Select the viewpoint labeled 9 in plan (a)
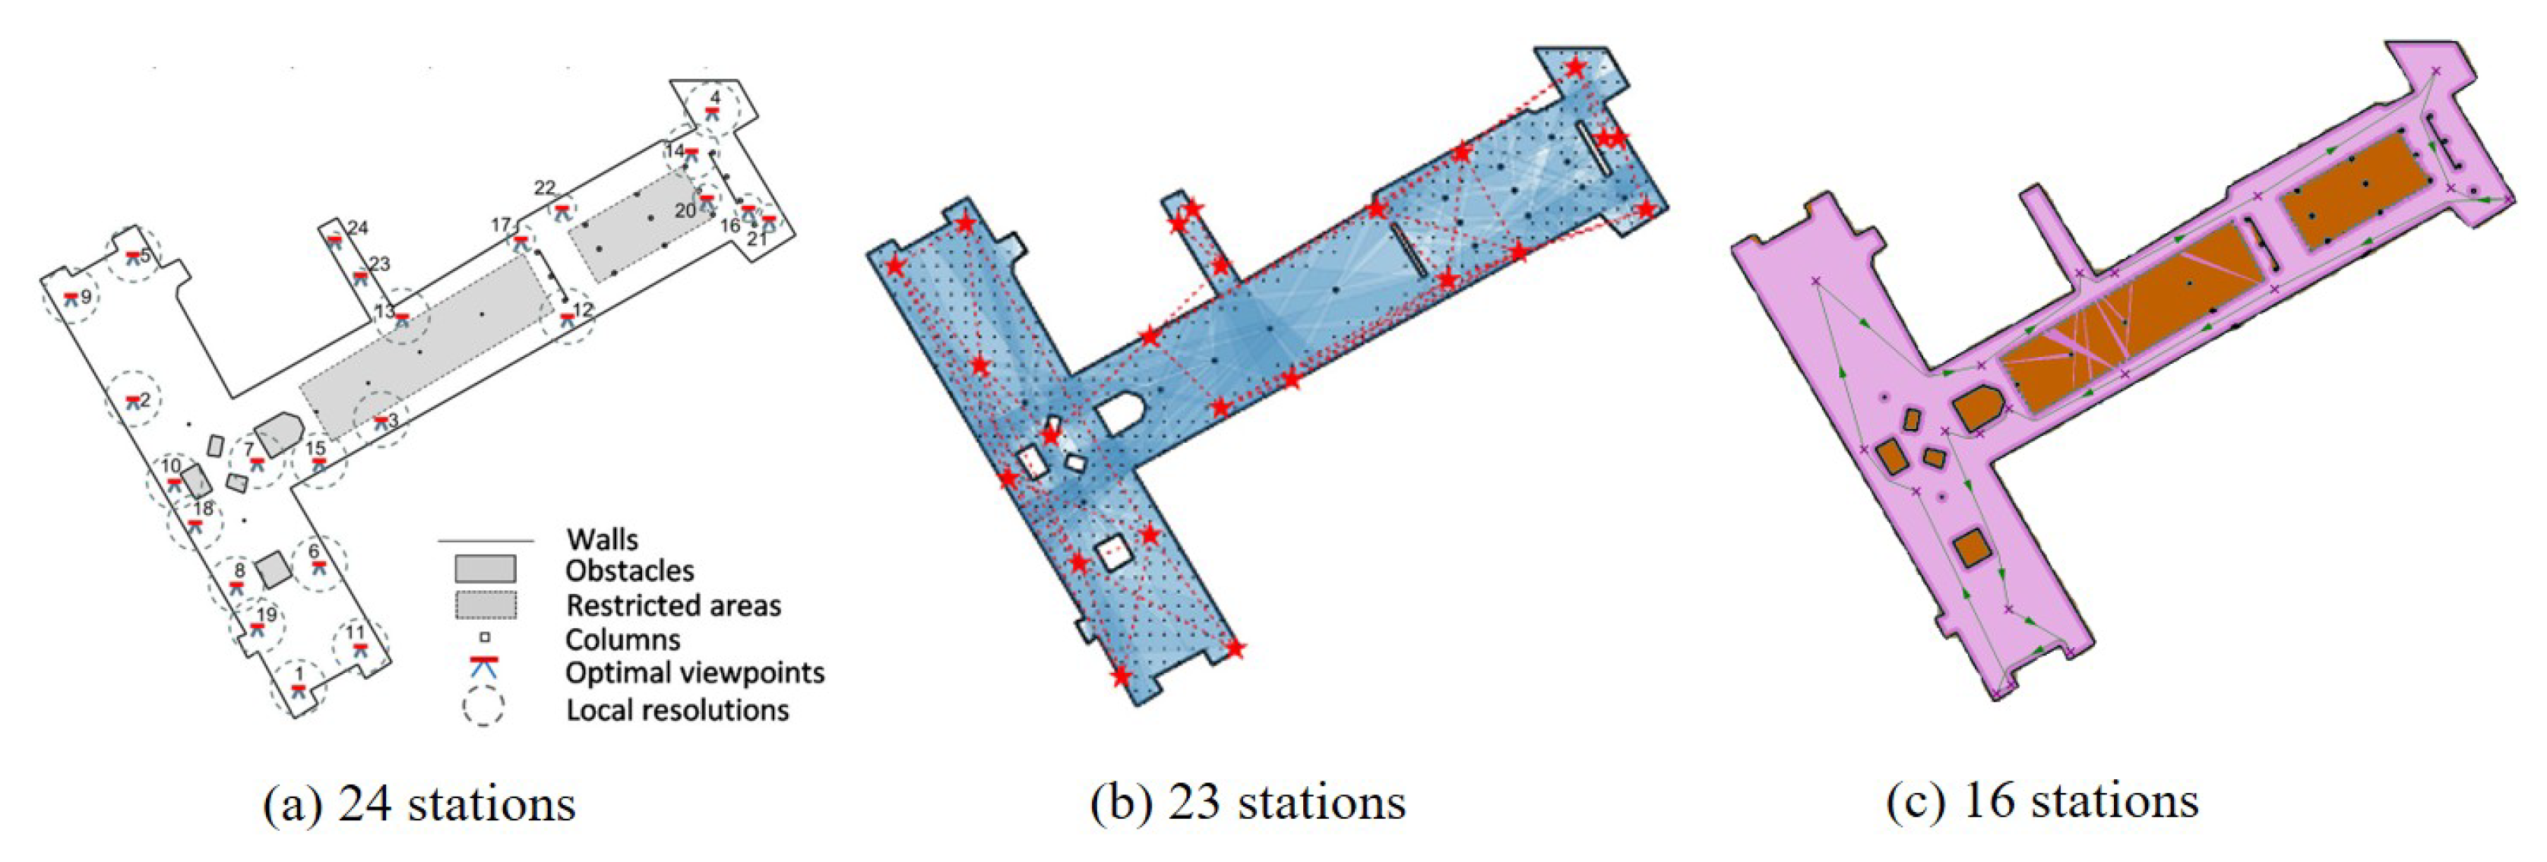[x=86, y=296]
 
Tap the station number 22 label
[x=545, y=188]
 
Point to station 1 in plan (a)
[x=299, y=675]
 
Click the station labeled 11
[x=356, y=633]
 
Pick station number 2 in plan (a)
[x=144, y=400]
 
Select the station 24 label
[x=358, y=229]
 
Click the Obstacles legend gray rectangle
[x=485, y=568]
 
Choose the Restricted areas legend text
[x=673, y=605]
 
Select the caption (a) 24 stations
[x=419, y=804]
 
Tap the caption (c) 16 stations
[x=2042, y=800]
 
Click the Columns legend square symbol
[x=485, y=638]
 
